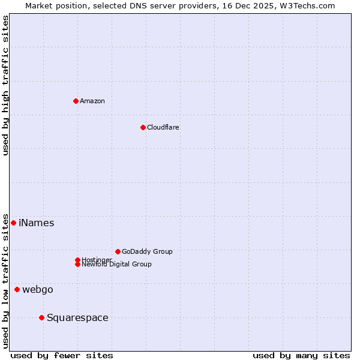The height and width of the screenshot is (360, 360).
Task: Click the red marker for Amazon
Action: (76, 101)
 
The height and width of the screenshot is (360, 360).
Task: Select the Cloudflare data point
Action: (143, 127)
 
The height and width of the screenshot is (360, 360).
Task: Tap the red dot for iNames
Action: (13, 223)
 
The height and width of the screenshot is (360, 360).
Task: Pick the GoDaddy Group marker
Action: (118, 251)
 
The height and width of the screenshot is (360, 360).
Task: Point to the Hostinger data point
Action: (77, 260)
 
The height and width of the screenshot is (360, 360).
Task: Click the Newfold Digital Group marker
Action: (77, 264)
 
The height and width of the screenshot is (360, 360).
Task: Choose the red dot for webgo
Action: (17, 290)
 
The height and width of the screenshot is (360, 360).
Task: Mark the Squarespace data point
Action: (41, 317)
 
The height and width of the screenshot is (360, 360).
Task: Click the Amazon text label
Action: (92, 101)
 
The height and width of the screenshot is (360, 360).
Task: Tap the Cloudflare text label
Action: (163, 127)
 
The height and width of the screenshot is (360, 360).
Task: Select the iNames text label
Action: (37, 223)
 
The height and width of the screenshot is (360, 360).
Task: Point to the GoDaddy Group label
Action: (147, 251)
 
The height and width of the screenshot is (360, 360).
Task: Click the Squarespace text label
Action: (77, 318)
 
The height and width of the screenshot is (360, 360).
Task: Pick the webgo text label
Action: (38, 290)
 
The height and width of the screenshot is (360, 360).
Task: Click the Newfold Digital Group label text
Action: (117, 265)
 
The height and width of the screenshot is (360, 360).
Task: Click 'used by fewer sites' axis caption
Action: (62, 355)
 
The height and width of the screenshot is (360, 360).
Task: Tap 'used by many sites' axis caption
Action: (301, 355)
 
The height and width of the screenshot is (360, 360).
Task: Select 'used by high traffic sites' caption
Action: (5, 85)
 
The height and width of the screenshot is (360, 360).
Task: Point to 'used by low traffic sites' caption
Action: (5, 281)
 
